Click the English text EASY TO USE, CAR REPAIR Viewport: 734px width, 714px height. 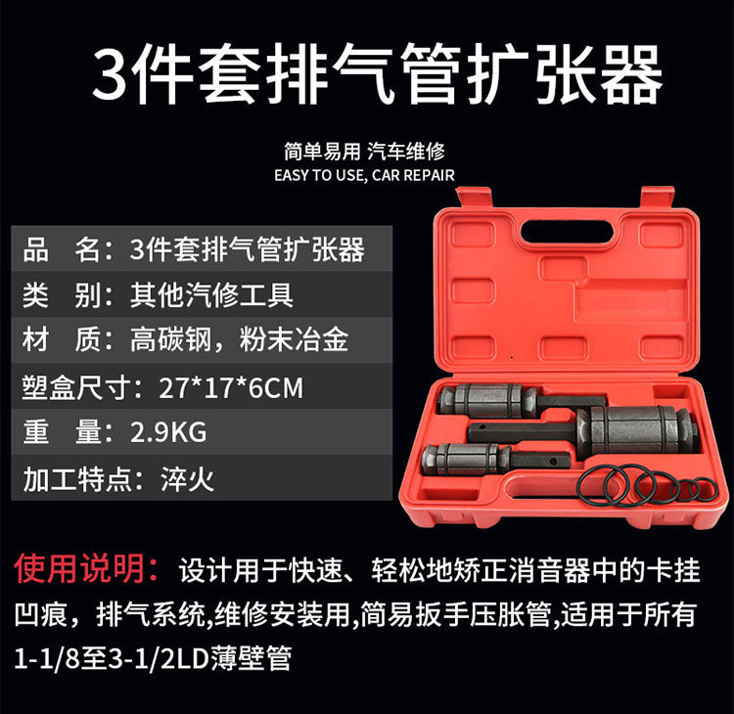pos(364,175)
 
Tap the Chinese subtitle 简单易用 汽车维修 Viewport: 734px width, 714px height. pos(364,152)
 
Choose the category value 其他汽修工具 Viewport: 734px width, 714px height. pos(211,294)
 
